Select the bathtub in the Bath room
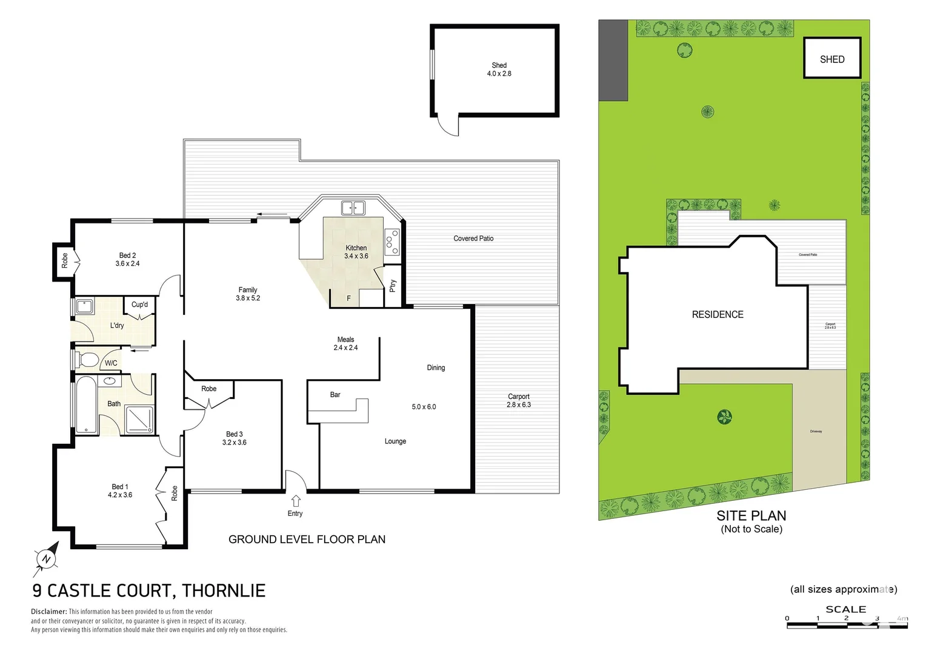tap(85, 405)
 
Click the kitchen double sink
tap(353, 208)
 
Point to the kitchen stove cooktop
tap(392, 241)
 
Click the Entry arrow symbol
tap(296, 501)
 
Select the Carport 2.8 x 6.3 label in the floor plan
tap(518, 401)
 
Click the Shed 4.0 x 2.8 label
tap(499, 69)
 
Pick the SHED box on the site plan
tap(832, 58)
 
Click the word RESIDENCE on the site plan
tap(718, 314)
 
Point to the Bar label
tap(335, 395)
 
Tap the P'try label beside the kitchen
tap(393, 285)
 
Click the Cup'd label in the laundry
tap(139, 305)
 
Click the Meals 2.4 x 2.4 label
tap(345, 343)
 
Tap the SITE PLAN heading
tap(751, 516)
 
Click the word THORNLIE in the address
tap(224, 590)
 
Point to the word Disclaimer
tap(48, 612)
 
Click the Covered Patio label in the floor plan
tap(473, 239)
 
